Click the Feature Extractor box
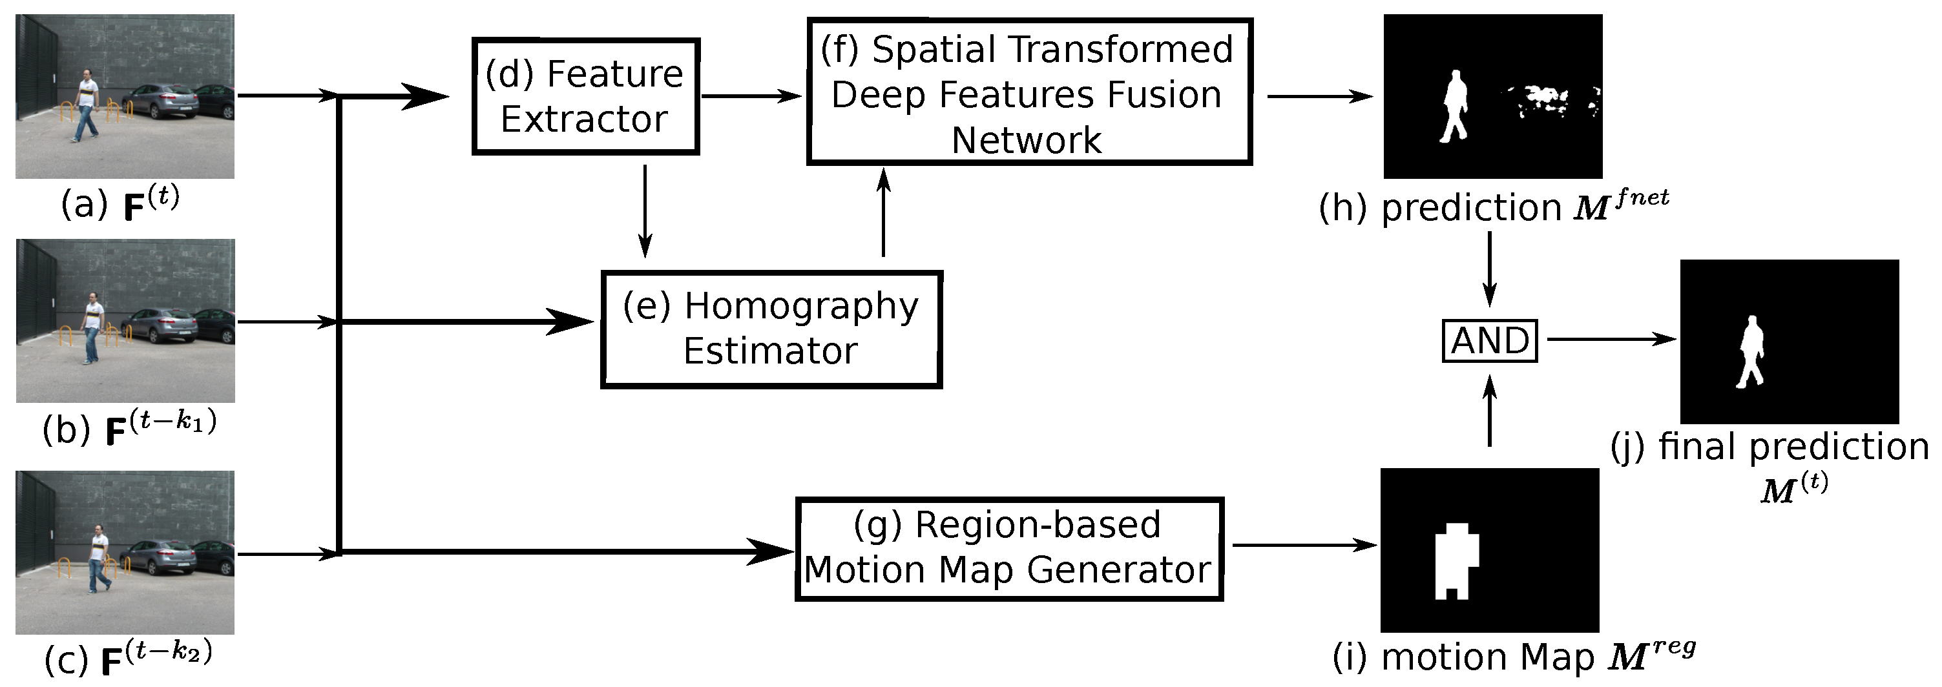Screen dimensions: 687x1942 (585, 96)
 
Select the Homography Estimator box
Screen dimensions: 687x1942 (771, 329)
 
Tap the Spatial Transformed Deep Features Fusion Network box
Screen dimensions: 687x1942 (1028, 92)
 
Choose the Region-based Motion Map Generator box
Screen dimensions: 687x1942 (1008, 548)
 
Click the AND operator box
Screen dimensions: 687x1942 (1489, 340)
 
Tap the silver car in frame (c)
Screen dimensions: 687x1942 (158, 557)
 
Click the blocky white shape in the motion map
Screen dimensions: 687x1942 (1455, 559)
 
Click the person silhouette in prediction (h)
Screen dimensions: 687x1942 (1454, 105)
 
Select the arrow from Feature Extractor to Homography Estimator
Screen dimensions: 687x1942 (645, 211)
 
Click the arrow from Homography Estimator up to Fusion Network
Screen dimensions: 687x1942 (884, 212)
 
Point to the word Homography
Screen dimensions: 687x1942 (800, 306)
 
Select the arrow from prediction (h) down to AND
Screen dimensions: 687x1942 (1489, 268)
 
